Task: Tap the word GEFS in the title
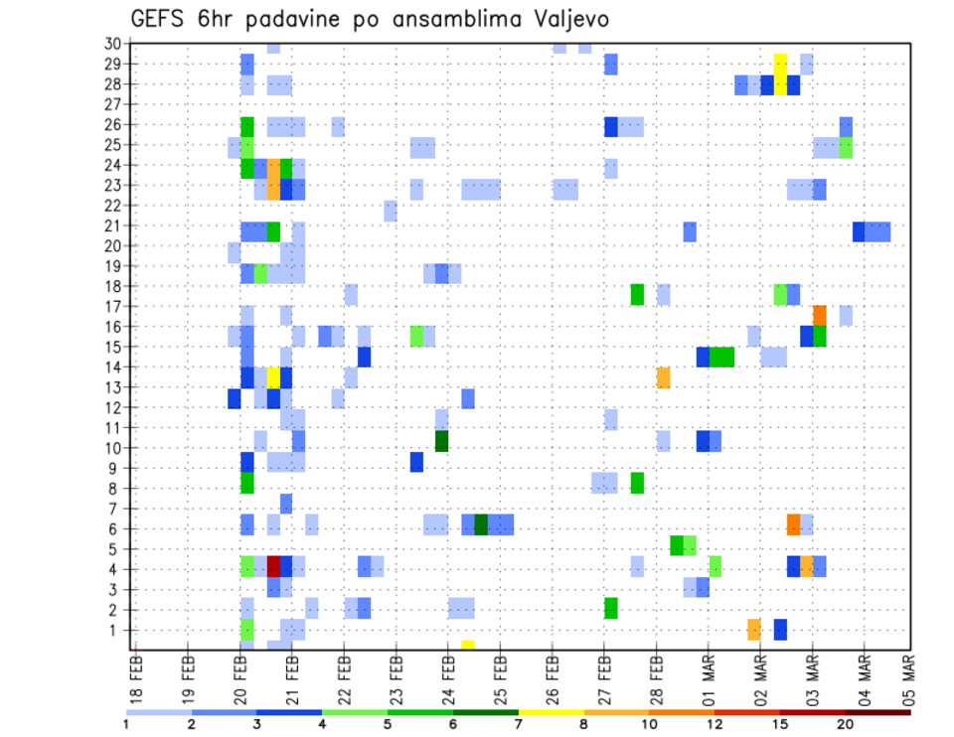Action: [157, 19]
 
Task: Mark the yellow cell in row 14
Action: [273, 376]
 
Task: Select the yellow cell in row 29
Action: [780, 64]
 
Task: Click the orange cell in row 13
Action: [663, 377]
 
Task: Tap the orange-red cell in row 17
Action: [820, 315]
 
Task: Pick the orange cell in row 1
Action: [754, 630]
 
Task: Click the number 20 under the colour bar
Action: [845, 724]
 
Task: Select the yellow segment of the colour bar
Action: [552, 711]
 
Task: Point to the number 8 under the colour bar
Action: [584, 724]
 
